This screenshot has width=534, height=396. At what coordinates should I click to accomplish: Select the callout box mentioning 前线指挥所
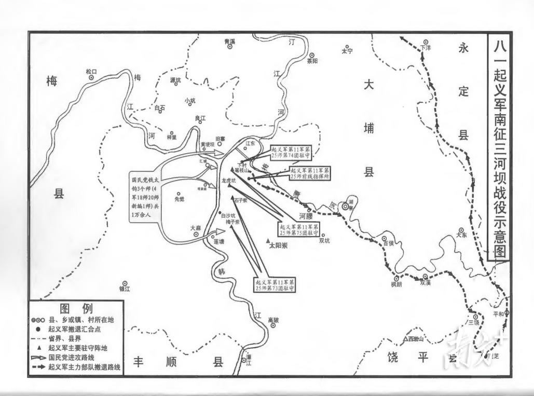[310, 173]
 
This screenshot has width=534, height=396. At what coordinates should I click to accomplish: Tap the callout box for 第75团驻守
[299, 229]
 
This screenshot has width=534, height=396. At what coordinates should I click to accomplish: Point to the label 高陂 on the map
[273, 320]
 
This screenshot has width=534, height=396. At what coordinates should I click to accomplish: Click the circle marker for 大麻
[196, 234]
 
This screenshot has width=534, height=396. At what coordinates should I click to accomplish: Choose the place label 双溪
[426, 283]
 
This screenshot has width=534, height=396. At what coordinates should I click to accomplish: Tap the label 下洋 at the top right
[426, 48]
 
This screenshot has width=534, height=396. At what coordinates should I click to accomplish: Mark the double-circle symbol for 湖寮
[345, 207]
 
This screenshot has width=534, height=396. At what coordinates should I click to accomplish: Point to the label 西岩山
[419, 339]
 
